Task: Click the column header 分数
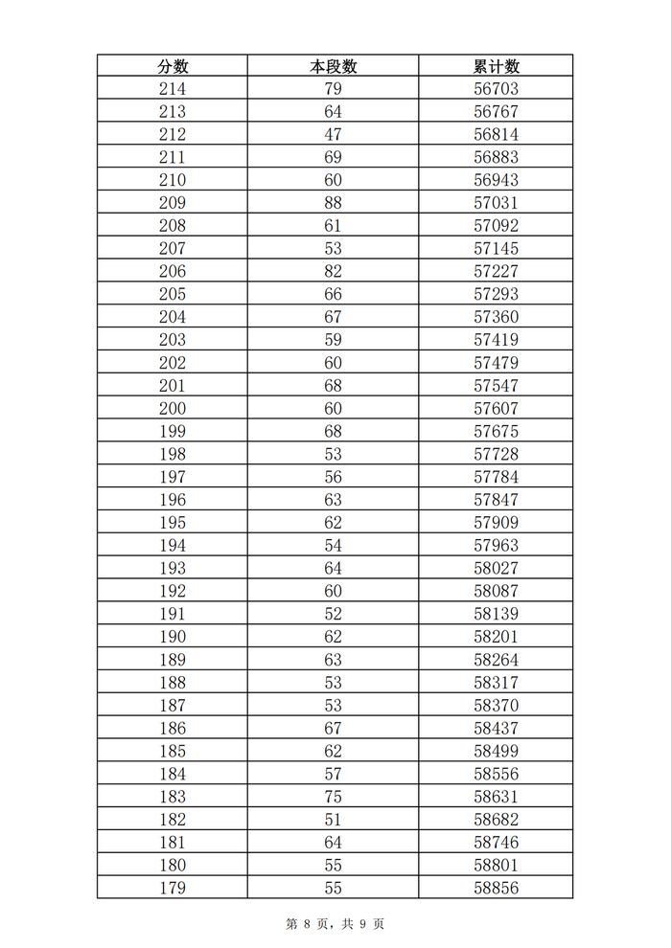[x=173, y=66]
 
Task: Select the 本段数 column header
[x=333, y=66]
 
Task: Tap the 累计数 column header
[x=496, y=66]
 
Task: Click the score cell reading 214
[x=173, y=89]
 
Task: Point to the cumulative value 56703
[x=496, y=89]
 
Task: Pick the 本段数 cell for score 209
[x=333, y=203]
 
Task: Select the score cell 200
[x=173, y=409]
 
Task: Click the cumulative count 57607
[x=496, y=409]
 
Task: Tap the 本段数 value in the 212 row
[x=333, y=135]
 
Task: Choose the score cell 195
[x=173, y=523]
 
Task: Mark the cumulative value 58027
[x=496, y=569]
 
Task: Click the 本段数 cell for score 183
[x=333, y=797]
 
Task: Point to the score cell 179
[x=173, y=888]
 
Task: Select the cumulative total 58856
[x=496, y=888]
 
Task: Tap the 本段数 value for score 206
[x=333, y=272]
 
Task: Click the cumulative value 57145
[x=496, y=249]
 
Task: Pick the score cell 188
[x=173, y=683]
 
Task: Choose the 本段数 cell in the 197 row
[x=333, y=477]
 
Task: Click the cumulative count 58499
[x=496, y=752]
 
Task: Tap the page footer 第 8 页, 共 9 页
[x=335, y=924]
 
